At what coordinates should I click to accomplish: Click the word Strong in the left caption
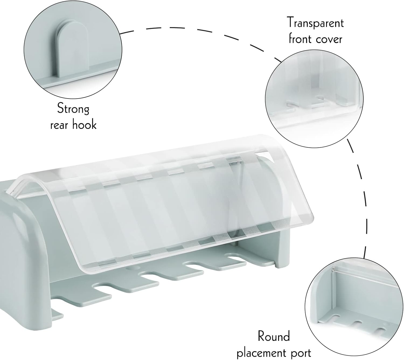(x=73, y=109)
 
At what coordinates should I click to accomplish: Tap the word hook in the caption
(x=84, y=125)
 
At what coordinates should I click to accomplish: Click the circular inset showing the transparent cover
(x=314, y=99)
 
